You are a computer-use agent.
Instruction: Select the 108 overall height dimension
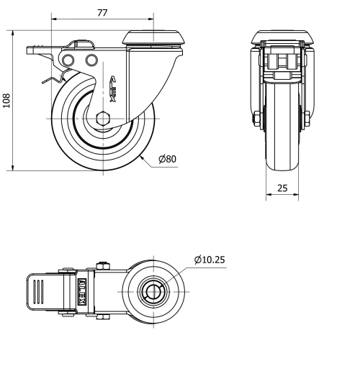(6, 100)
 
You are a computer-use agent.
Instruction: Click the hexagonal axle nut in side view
(102, 119)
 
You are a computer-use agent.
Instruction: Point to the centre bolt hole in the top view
(153, 292)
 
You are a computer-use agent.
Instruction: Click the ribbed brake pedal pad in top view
(40, 293)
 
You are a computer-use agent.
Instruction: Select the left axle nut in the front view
(257, 119)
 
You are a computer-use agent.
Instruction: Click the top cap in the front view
(282, 36)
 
